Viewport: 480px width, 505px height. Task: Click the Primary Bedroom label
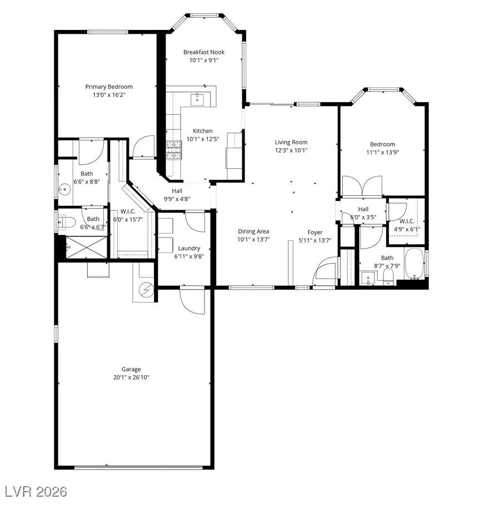pyautogui.click(x=109, y=87)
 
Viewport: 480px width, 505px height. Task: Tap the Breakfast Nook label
pyautogui.click(x=204, y=52)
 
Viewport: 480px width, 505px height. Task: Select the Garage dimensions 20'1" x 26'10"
pyautogui.click(x=132, y=377)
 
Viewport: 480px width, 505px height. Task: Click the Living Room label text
pyautogui.click(x=291, y=142)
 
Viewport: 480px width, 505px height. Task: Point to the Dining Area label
pyautogui.click(x=253, y=231)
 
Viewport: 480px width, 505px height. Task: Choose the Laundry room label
pyautogui.click(x=189, y=248)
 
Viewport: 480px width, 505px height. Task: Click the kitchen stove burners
pyautogui.click(x=174, y=150)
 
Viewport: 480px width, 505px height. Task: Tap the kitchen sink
pyautogui.click(x=197, y=99)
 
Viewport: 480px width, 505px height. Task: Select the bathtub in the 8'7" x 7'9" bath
pyautogui.click(x=414, y=265)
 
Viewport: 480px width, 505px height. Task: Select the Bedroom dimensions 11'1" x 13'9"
pyautogui.click(x=383, y=152)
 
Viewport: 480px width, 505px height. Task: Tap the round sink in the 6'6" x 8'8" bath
pyautogui.click(x=66, y=189)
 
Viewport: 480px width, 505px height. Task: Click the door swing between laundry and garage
pyautogui.click(x=192, y=300)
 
